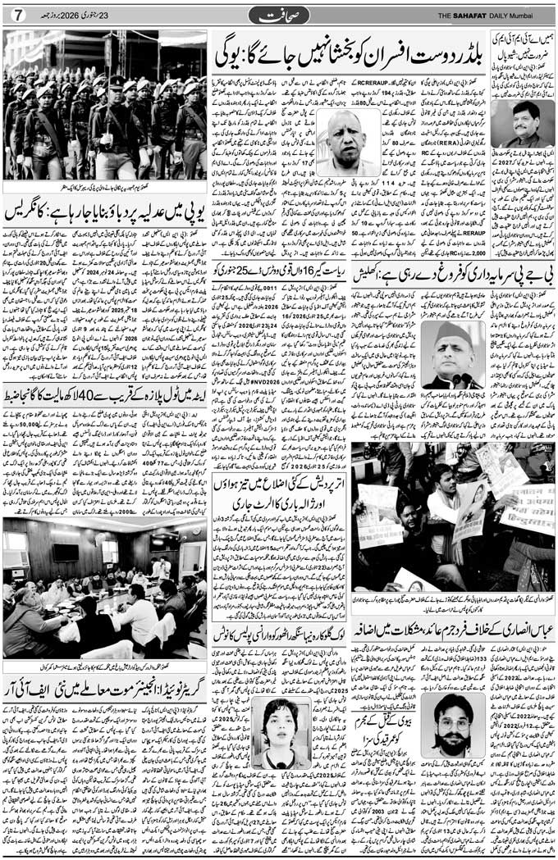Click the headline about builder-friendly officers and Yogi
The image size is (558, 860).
tap(348, 56)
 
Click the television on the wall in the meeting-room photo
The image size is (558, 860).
tap(66, 551)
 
